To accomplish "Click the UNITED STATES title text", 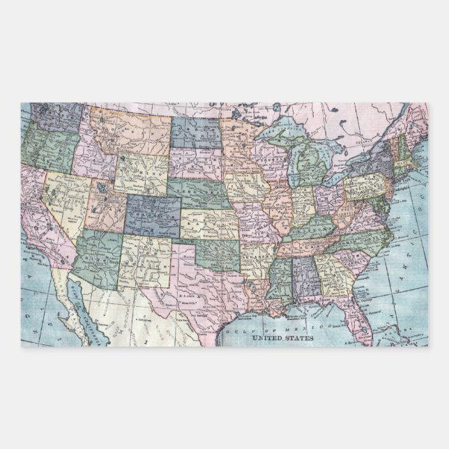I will [x=282, y=337].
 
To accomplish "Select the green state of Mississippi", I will [x=280, y=279].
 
